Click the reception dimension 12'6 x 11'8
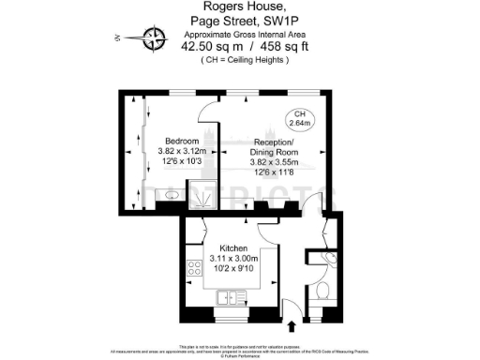pos(274,172)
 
